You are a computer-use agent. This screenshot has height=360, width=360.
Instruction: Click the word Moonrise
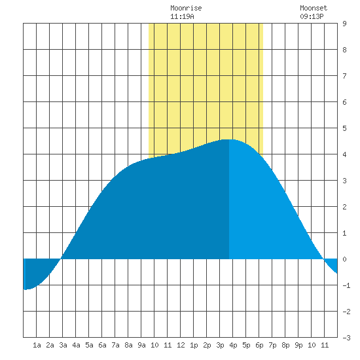[x=186, y=8]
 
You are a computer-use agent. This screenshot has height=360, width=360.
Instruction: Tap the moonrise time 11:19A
[x=182, y=16]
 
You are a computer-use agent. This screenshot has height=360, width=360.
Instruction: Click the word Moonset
[x=314, y=8]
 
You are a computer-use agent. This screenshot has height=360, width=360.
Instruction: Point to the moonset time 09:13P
[x=312, y=16]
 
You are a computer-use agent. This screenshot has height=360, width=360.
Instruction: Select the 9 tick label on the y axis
[x=344, y=24]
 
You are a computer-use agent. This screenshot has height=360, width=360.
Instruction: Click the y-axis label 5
[x=344, y=128]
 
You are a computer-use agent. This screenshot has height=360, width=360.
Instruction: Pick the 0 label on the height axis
[x=344, y=259]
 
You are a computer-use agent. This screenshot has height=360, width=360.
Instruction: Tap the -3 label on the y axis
[x=346, y=338]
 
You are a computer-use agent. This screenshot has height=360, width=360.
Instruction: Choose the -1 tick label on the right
[x=346, y=285]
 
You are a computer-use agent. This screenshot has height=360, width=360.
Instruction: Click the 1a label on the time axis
[x=37, y=345]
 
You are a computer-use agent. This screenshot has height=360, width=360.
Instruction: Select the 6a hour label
[x=102, y=345]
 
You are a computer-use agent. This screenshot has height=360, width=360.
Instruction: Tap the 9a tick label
[x=141, y=345]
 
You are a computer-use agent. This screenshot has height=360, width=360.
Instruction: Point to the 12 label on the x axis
[x=181, y=345]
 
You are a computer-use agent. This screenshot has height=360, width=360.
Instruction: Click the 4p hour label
[x=233, y=345]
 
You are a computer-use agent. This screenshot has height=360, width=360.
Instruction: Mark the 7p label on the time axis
[x=272, y=345]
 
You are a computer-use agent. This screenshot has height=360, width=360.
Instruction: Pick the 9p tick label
[x=298, y=345]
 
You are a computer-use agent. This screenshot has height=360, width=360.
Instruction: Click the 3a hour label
[x=63, y=345]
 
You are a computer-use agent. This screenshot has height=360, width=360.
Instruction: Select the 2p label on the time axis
[x=207, y=345]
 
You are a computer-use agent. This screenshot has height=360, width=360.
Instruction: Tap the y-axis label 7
[x=344, y=76]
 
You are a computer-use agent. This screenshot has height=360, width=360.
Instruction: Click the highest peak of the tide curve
[x=228, y=139]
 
